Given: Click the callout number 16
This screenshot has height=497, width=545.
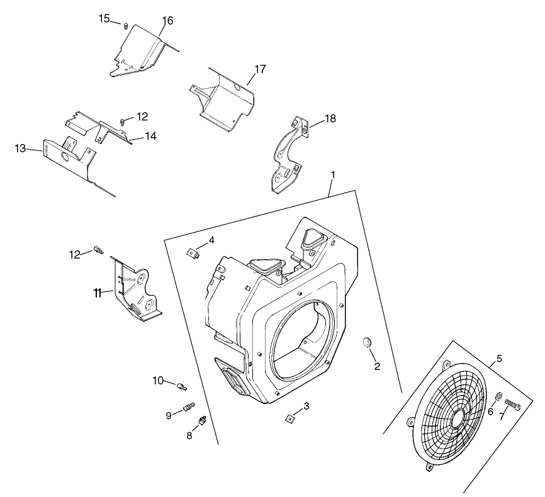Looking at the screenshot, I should (x=167, y=21).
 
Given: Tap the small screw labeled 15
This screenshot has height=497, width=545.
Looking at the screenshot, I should (x=125, y=25).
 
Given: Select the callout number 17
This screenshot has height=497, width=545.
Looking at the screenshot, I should (x=261, y=69).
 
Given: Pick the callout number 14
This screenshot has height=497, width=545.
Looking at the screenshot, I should (x=150, y=136).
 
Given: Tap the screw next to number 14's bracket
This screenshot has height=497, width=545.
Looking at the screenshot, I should (x=122, y=120).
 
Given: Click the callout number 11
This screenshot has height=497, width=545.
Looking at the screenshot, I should (x=97, y=292).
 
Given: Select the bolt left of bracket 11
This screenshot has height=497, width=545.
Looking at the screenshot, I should (x=98, y=251).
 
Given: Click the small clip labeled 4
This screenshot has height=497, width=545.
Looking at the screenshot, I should (x=194, y=254).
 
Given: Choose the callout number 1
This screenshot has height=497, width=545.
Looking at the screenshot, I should (x=332, y=174).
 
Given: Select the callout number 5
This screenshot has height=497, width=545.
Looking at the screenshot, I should (x=499, y=359).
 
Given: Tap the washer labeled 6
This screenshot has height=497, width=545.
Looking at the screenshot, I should (x=499, y=397).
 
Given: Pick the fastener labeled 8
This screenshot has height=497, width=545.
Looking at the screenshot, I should (x=203, y=420).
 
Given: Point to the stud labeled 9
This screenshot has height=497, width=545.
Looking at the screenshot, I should (x=188, y=408).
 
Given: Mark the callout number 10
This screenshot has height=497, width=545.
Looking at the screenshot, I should (x=158, y=380).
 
